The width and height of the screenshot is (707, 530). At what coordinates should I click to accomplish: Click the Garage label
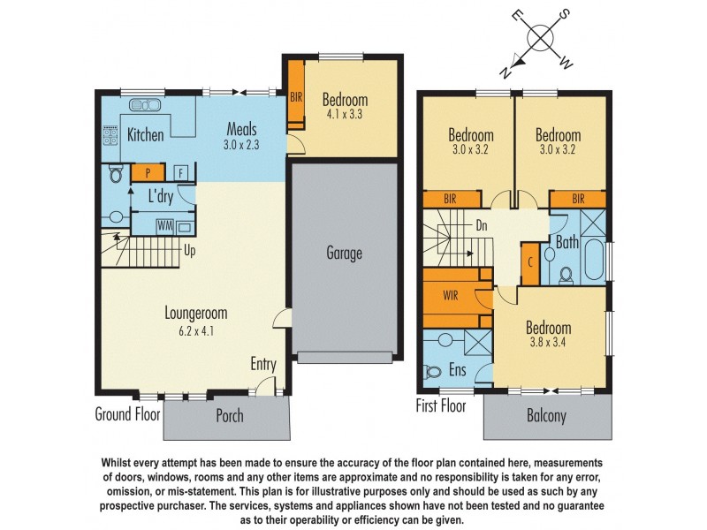[x=344, y=254]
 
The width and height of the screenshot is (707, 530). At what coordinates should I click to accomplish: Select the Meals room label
[x=241, y=126]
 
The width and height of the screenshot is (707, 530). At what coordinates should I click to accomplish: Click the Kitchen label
[x=146, y=135]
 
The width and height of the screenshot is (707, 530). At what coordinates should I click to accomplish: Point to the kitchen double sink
[x=145, y=106]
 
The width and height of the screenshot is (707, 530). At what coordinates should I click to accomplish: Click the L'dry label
[x=160, y=195]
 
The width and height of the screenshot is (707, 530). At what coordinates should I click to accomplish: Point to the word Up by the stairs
[x=189, y=250]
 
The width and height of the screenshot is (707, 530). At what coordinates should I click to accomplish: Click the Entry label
[x=262, y=364]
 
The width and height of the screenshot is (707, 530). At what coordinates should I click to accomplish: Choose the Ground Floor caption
[x=125, y=413]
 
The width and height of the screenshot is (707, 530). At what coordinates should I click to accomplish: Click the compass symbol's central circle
[x=540, y=38]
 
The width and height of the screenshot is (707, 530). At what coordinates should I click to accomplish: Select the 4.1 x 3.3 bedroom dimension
[x=344, y=114]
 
